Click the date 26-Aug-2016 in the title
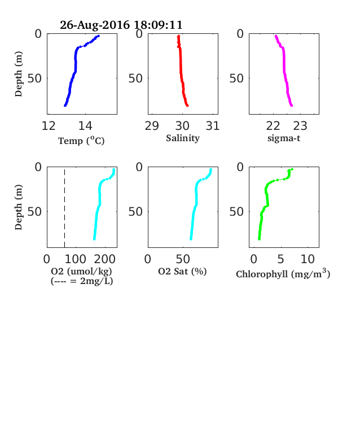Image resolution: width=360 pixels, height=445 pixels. point(95,25)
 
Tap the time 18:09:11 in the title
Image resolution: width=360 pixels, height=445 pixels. point(158,25)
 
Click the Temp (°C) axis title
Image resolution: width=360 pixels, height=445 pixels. point(81,141)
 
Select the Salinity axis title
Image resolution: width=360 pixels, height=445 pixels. point(183,138)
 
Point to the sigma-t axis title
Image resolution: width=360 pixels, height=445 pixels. point(284,138)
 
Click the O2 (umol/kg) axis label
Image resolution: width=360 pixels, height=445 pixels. point(81,271)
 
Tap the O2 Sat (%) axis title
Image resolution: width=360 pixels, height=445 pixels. point(182,271)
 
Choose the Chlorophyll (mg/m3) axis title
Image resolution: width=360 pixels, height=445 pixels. point(283,273)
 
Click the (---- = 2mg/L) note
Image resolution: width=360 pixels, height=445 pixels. point(82,281)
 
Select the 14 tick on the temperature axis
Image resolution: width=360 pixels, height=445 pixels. point(85,126)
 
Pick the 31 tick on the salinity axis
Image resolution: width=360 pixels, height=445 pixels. point(213,126)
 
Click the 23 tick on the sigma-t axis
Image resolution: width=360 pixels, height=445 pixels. point(300,126)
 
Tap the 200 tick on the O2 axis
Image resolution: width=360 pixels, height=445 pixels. point(104,259)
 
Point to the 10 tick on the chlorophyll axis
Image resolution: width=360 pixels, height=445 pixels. point(308,259)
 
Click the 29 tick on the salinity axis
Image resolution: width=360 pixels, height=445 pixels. point(152,126)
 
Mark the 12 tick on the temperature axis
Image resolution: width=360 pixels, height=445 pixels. point(49,126)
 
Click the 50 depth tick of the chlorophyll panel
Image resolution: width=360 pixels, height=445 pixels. point(236,211)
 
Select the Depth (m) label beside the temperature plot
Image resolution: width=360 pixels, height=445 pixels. point(19,74)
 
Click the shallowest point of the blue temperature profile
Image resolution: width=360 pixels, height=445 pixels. point(98,36)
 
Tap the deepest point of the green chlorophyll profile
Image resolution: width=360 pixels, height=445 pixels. point(259,239)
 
